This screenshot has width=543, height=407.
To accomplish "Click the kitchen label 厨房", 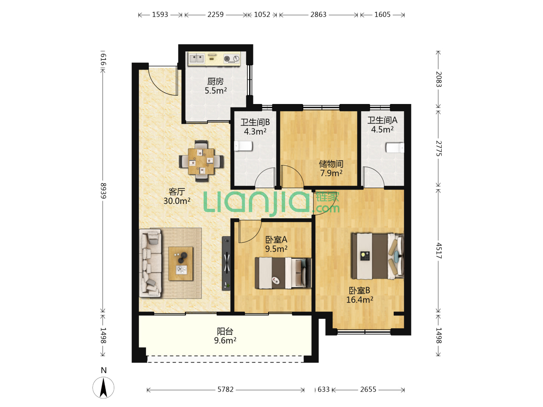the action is (215, 81).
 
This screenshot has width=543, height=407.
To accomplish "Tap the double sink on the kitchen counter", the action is (197, 59).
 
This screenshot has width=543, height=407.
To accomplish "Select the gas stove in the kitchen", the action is (232, 59).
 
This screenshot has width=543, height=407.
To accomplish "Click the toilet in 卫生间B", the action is (243, 146).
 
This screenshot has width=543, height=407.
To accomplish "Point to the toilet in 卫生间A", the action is (395, 148).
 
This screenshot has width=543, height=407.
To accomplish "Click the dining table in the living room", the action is (201, 161).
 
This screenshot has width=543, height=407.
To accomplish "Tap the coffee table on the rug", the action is (181, 263).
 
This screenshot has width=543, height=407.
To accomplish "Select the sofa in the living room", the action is (150, 263).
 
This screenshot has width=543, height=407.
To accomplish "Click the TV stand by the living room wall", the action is (226, 263).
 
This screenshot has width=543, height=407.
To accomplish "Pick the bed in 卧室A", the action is (283, 273).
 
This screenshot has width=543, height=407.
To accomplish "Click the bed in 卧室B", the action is (377, 256).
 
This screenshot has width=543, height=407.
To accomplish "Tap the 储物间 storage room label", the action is (331, 164).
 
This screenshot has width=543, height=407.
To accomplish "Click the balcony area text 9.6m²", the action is (225, 340).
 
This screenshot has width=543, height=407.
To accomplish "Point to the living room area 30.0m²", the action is (177, 200).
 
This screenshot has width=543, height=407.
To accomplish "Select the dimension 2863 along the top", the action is (318, 15).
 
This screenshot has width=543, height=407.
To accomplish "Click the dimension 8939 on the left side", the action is (103, 191).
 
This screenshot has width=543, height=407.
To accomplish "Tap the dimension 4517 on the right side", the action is (439, 251).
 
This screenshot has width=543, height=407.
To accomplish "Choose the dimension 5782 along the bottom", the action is (225, 389).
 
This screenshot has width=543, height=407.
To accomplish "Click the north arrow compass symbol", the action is (103, 387).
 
